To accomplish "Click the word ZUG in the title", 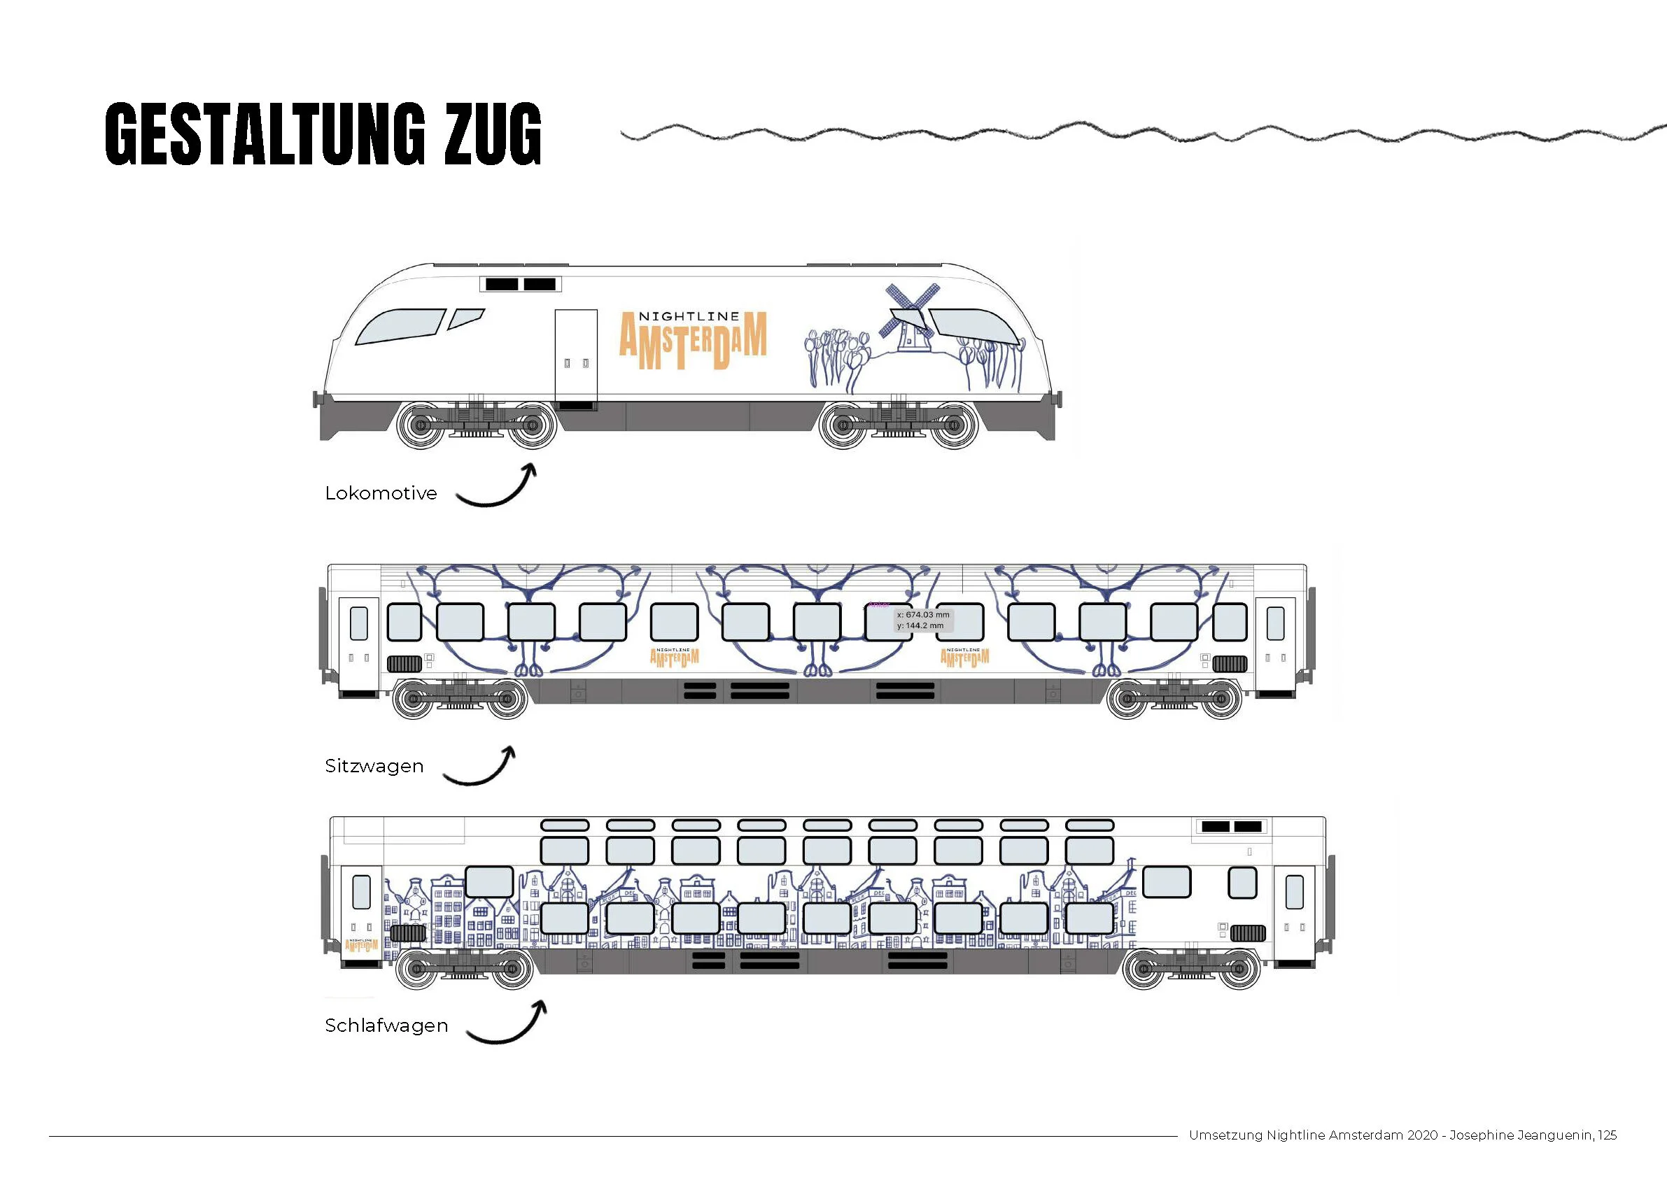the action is point(493,134).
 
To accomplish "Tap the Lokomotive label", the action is point(381,494).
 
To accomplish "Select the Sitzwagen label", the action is point(374,767).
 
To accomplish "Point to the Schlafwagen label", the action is point(386,1026).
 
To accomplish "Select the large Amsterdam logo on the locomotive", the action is point(693,341).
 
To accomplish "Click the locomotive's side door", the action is point(576,355).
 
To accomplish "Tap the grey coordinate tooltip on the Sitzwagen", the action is point(923,620).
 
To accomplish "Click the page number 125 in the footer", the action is point(1607,1135).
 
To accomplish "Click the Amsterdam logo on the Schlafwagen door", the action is point(362,945).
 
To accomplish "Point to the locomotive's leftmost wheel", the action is point(421,425).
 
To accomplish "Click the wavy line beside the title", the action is point(1140,134).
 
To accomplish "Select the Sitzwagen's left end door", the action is point(359,642).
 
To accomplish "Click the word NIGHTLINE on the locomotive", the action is point(689,316).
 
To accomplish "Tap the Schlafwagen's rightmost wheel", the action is point(1239,969).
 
